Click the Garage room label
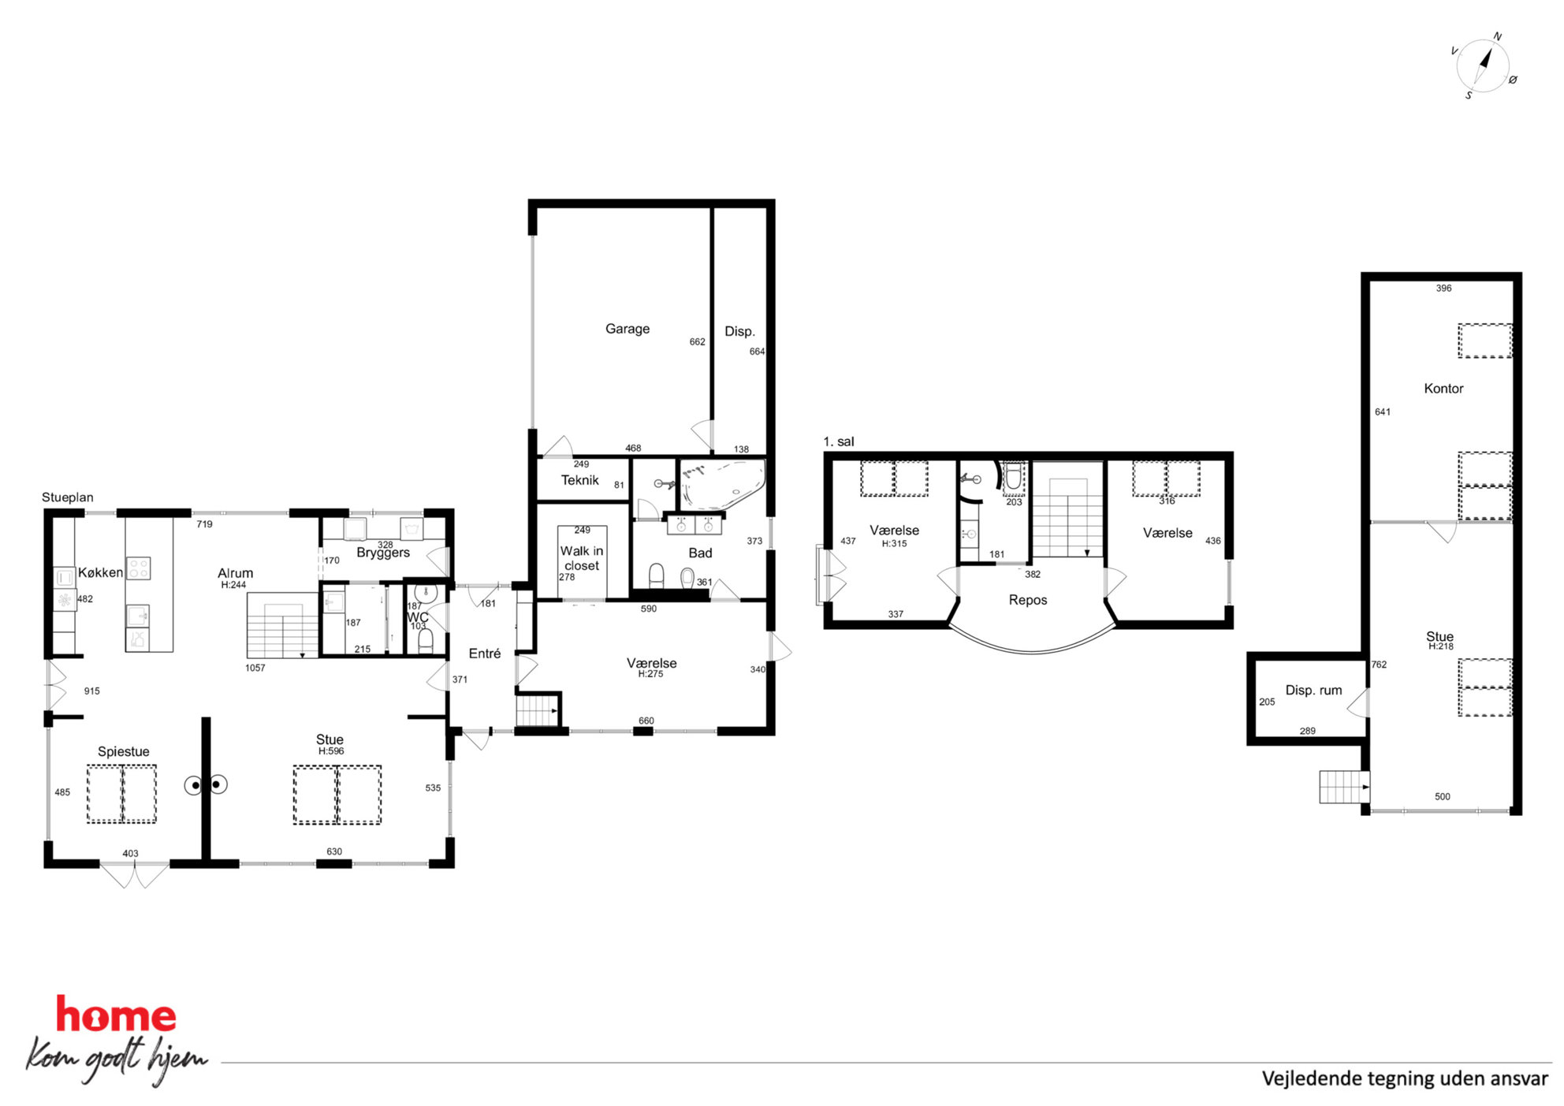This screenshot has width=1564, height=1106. (x=627, y=329)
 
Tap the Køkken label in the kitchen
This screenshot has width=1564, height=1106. (x=100, y=572)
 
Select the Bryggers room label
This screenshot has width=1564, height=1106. (x=383, y=553)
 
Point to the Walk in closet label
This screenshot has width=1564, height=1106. (x=582, y=558)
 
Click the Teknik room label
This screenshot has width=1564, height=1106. (x=580, y=480)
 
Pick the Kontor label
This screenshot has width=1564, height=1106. (x=1443, y=389)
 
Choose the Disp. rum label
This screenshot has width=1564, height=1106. (x=1313, y=691)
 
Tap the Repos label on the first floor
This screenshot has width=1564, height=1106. (x=1028, y=600)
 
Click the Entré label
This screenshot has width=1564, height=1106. (x=485, y=654)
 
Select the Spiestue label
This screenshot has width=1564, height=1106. (x=124, y=752)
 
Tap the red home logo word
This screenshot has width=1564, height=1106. (x=116, y=1015)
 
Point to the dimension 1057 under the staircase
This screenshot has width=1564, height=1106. (x=255, y=668)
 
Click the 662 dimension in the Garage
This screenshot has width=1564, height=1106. (x=698, y=342)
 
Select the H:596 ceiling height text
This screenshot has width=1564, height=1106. (x=331, y=751)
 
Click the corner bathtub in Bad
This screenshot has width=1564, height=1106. (x=721, y=483)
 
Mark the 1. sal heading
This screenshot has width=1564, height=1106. (x=839, y=441)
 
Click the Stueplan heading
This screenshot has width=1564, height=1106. (x=68, y=497)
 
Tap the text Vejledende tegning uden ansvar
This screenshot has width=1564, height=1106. (x=1405, y=1078)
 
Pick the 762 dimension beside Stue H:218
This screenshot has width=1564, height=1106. (x=1379, y=665)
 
